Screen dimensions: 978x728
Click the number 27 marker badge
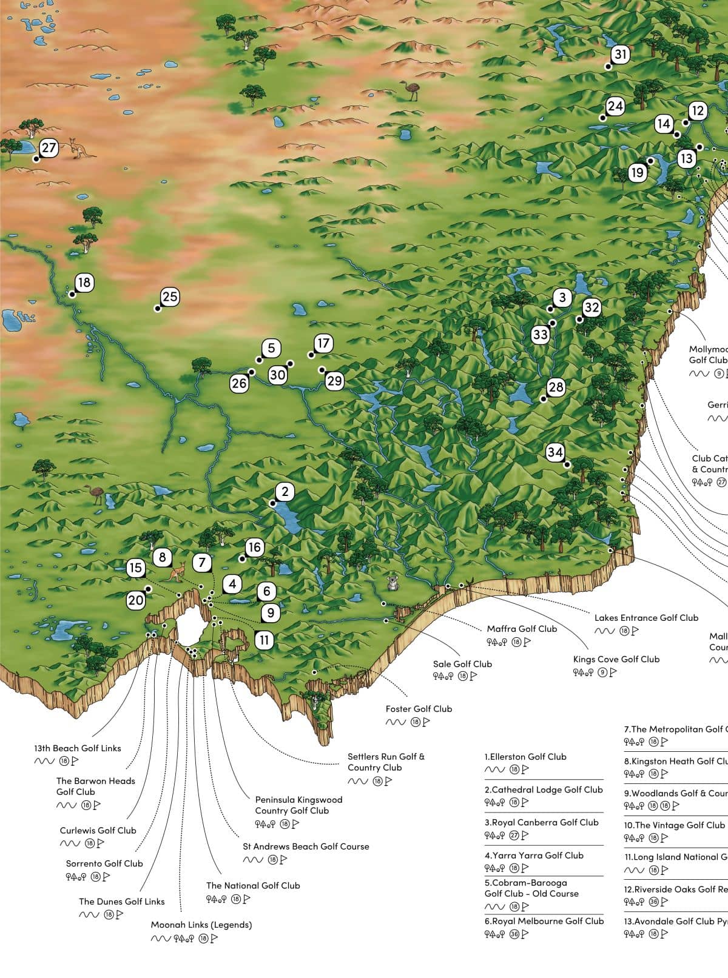click(x=49, y=148)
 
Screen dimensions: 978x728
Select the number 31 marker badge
click(x=620, y=55)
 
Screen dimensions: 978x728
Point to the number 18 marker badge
click(x=84, y=283)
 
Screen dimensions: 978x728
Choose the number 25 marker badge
click(x=170, y=296)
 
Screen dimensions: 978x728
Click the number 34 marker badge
click(x=555, y=452)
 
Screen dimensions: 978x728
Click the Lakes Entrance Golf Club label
click(x=646, y=618)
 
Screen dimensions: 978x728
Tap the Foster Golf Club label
click(x=419, y=709)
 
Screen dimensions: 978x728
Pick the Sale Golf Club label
click(x=462, y=664)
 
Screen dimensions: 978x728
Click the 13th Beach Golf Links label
click(x=78, y=748)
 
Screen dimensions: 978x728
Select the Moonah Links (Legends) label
click(x=201, y=925)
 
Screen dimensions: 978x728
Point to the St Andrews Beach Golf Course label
click(x=306, y=846)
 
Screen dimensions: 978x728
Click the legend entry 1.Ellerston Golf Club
click(x=525, y=757)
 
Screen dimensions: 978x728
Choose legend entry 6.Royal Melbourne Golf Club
click(x=544, y=921)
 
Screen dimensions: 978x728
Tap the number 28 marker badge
click(x=556, y=387)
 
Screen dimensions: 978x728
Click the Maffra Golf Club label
click(x=522, y=629)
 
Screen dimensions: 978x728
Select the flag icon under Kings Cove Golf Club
click(x=613, y=672)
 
